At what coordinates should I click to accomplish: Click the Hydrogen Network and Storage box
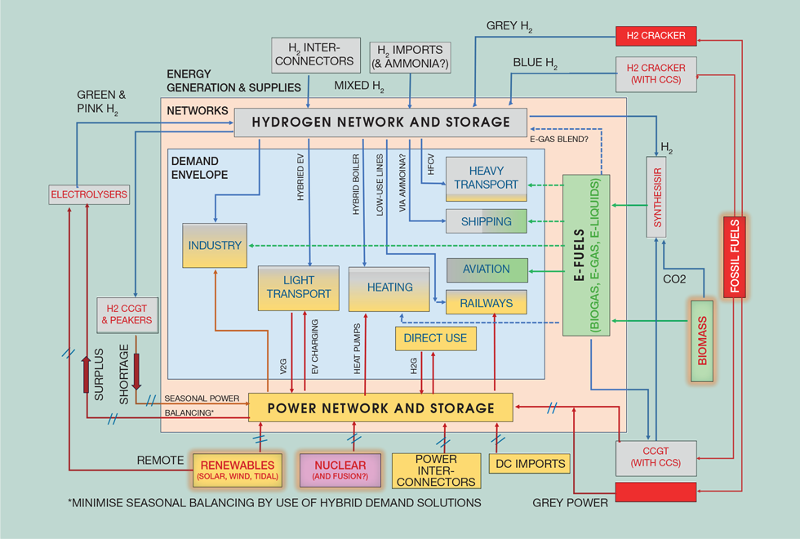point(380,122)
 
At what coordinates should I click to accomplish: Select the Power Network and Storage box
point(380,408)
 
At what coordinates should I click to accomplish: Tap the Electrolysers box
point(89,195)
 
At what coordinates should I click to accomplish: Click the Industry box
point(215,245)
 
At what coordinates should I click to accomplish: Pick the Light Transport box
point(298,287)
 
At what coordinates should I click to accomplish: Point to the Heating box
point(389,288)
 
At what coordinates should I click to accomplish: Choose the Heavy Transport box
point(486,179)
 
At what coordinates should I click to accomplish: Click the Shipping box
point(486,221)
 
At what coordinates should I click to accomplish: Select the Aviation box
point(486,269)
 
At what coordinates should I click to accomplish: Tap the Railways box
point(486,303)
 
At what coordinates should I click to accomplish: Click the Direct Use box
point(435,338)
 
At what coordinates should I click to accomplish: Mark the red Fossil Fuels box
point(734,256)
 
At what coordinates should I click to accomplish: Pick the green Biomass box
point(702,341)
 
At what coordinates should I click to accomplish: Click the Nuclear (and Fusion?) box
point(340,470)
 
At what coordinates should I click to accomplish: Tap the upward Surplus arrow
point(87,374)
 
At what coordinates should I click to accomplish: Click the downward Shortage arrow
point(136,372)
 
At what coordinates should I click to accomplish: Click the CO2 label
point(674,279)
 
